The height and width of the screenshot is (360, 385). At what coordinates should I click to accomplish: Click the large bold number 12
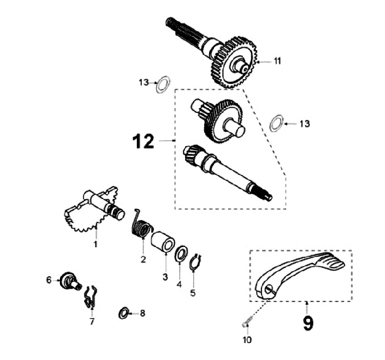143,141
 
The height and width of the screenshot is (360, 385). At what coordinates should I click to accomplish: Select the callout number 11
276,61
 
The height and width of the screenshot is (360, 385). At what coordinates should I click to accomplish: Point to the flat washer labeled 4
181,252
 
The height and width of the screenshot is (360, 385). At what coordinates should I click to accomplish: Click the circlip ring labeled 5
196,263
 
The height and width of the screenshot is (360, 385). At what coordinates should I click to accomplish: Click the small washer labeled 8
124,313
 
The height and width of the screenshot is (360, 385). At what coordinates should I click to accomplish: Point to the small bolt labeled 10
247,322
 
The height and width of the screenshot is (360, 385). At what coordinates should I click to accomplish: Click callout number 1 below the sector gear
96,244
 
